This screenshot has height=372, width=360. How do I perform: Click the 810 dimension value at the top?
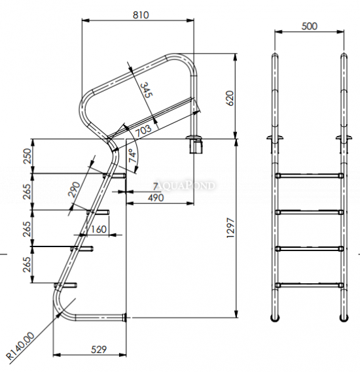tap(141, 15)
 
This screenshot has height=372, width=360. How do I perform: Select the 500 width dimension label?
tap(310, 26)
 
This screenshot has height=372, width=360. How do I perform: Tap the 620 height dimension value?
tap(230, 98)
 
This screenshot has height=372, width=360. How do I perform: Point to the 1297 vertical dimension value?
tap(230, 228)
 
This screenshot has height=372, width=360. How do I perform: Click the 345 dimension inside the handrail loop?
tap(146, 90)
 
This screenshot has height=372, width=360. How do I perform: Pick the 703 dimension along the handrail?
tap(143, 130)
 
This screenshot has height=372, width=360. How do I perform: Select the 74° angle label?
tap(133, 156)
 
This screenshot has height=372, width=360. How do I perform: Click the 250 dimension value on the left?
tap(27, 156)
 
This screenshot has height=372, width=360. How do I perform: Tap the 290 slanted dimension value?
tap(74, 190)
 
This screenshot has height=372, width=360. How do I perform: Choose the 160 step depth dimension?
tap(99, 229)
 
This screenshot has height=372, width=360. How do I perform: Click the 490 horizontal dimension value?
tap(156, 197)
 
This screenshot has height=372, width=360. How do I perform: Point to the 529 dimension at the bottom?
tap(99, 349)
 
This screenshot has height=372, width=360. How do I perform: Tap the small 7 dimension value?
tap(156, 186)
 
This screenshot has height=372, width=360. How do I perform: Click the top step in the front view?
tap(310, 176)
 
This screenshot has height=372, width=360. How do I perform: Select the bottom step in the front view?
tap(310, 285)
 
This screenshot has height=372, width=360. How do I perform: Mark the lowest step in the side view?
tap(65, 285)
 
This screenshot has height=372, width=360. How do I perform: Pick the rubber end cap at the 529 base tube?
tap(124, 318)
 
